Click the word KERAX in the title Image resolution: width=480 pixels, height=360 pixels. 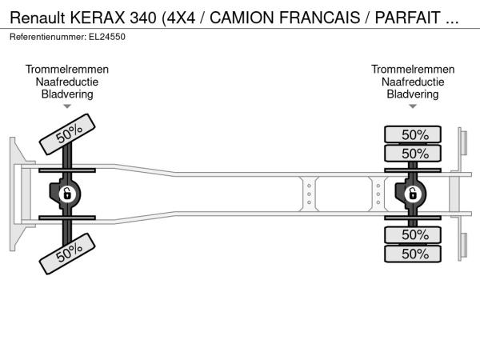tap(98, 18)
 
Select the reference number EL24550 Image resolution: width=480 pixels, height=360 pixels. tap(107, 37)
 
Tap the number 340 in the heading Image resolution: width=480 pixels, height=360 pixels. tap(143, 18)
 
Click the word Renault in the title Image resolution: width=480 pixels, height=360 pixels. tap(38, 18)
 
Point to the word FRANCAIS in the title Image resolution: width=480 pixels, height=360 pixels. tap(319, 18)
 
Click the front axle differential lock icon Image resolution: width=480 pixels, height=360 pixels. tap(67, 194)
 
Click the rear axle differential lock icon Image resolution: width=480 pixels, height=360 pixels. tap(412, 194)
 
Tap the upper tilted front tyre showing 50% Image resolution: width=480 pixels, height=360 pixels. tap(67, 134)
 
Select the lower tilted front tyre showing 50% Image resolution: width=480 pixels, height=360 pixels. tap(67, 254)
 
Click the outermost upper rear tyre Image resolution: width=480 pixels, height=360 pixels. tap(413, 134)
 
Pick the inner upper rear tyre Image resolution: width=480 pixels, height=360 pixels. tap(413, 153)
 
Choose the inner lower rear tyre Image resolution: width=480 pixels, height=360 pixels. tap(413, 234)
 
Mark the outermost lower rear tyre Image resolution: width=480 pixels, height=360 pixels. tap(413, 254)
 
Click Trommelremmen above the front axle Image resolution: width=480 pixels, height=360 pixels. tap(67, 70)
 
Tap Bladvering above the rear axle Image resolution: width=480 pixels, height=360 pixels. tap(413, 94)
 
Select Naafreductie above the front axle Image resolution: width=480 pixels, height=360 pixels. tap(67, 82)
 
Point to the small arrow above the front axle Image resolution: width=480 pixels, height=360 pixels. tap(67, 106)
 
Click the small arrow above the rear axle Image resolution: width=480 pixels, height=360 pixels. tap(413, 106)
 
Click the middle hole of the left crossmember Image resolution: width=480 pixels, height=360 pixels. tap(309, 194)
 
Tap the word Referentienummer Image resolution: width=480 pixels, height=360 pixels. tap(48, 37)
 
